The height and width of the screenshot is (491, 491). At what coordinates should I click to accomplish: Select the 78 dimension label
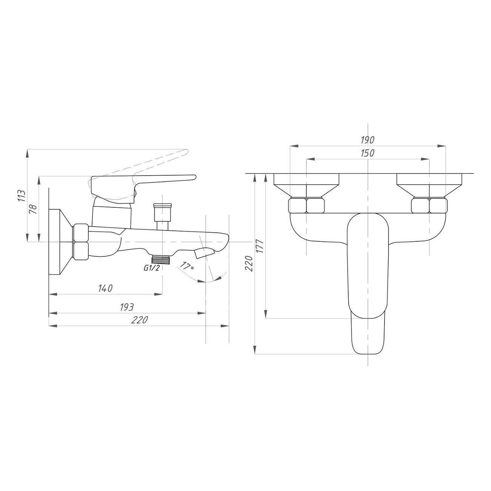tap(34, 210)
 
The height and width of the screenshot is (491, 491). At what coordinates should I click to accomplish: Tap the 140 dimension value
tap(105, 289)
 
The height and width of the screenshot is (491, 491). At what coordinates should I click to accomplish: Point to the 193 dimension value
tap(127, 307)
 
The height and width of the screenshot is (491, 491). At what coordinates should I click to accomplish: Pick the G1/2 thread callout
tap(151, 268)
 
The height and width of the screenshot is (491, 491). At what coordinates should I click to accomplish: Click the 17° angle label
tap(187, 266)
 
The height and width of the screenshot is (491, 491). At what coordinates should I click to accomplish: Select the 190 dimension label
tap(367, 140)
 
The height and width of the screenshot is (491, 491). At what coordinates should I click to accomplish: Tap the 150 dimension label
tap(367, 153)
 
